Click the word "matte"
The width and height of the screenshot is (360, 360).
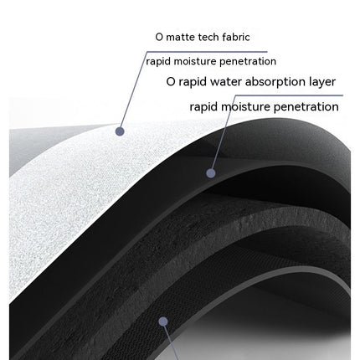pyautogui.click(x=180, y=37)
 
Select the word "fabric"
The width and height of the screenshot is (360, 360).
pyautogui.click(x=236, y=37)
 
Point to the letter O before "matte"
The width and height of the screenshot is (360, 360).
pyautogui.click(x=159, y=37)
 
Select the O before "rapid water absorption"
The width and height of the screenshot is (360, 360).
pyautogui.click(x=171, y=82)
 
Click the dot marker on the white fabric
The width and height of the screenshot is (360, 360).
pyautogui.click(x=120, y=131)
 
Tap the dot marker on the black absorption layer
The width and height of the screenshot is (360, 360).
pyautogui.click(x=211, y=173)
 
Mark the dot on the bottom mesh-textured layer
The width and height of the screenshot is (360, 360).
pyautogui.click(x=163, y=321)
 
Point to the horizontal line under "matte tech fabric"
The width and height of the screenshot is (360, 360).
pyautogui.click(x=207, y=52)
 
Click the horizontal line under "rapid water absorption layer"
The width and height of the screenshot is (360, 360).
pyautogui.click(x=289, y=95)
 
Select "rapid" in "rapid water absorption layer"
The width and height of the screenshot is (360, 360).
pyautogui.click(x=193, y=82)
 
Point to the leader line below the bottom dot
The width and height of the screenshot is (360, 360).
pyautogui.click(x=171, y=342)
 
